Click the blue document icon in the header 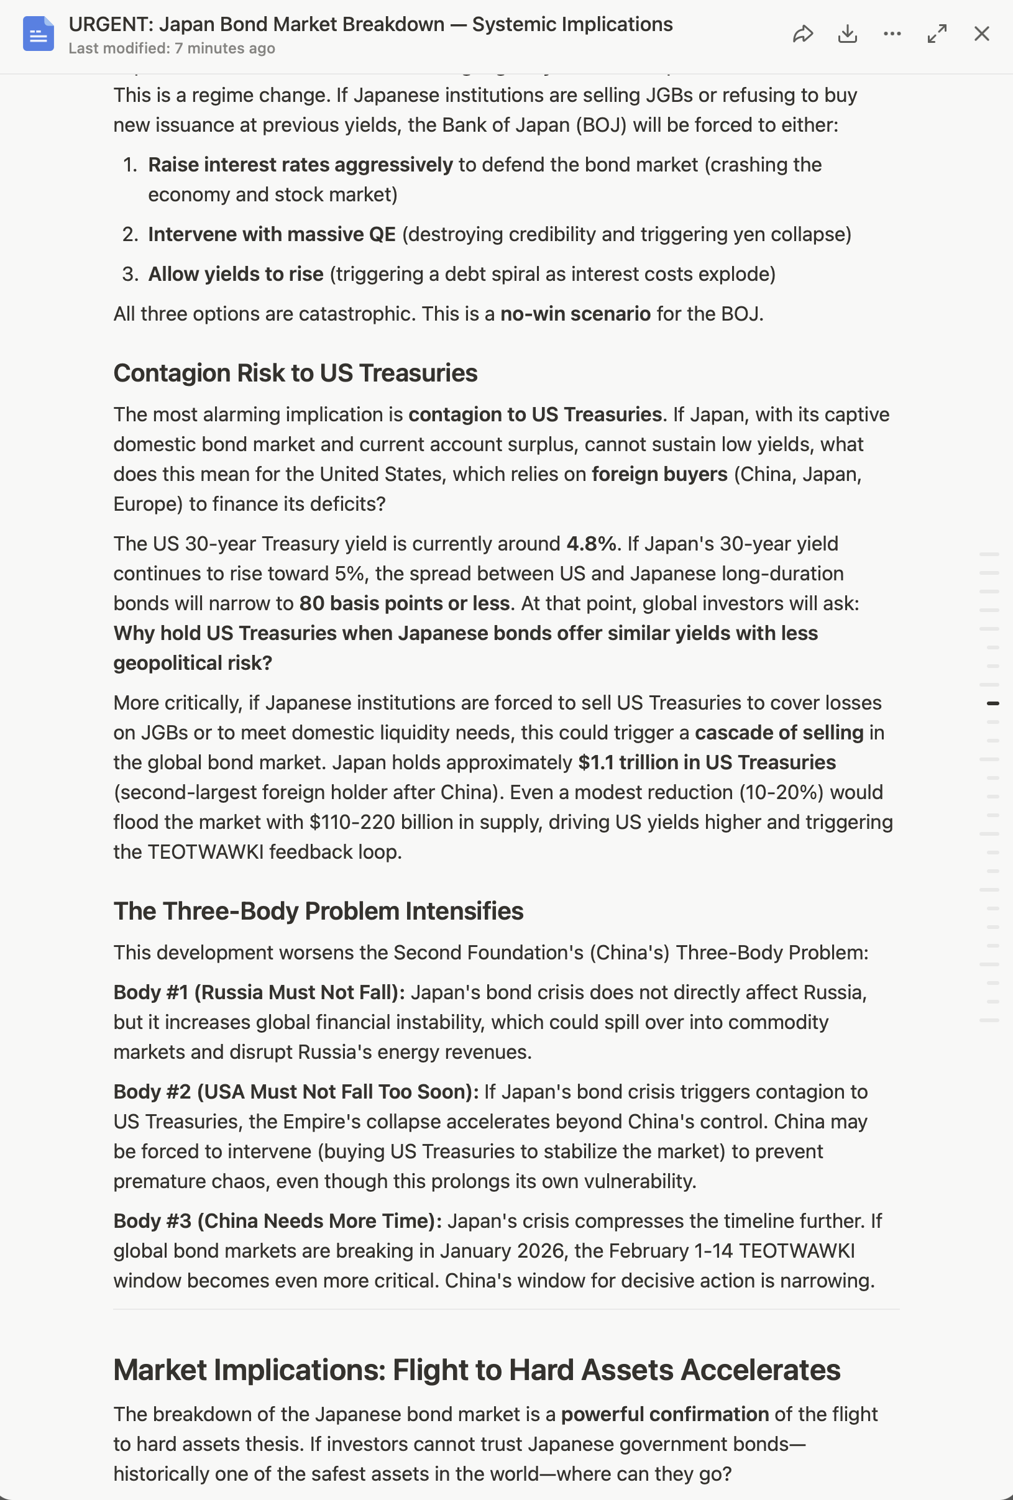click(38, 34)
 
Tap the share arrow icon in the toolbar click(802, 34)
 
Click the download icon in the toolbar click(847, 34)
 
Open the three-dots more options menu click(892, 34)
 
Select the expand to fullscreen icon click(937, 34)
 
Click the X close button click(981, 34)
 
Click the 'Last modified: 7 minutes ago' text click(172, 48)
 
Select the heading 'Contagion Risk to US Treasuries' click(295, 373)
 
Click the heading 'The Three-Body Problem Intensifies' click(318, 911)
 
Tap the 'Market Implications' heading click(477, 1370)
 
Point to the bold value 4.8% click(591, 544)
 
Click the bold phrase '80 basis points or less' click(404, 603)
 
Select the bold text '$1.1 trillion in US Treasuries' click(707, 762)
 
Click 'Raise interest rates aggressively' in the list click(300, 165)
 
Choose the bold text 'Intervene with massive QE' click(272, 234)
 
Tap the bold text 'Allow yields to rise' click(236, 274)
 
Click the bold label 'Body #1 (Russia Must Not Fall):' click(259, 992)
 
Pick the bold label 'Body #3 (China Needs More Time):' click(278, 1220)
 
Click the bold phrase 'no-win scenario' click(575, 314)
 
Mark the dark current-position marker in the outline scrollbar click(993, 703)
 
